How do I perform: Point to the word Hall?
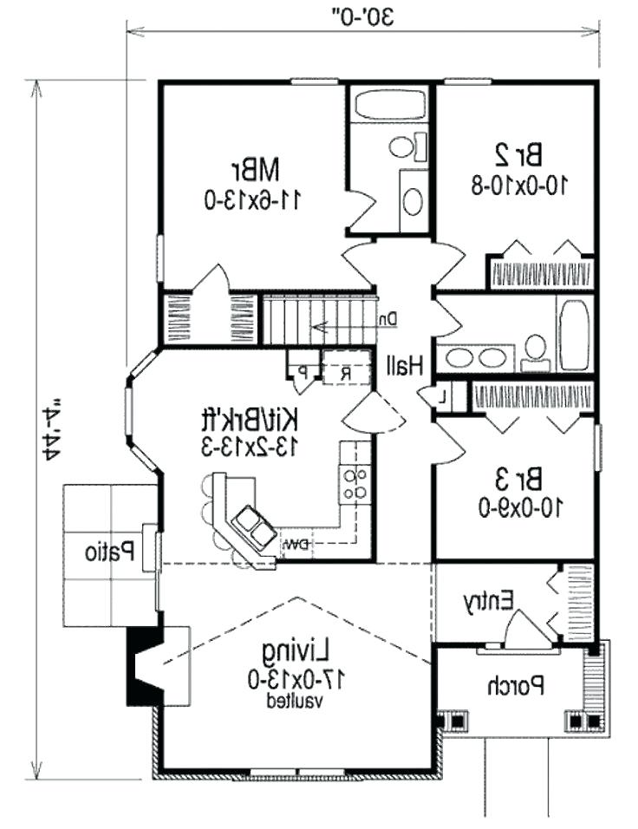pos(405,367)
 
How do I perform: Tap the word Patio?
pos(108,550)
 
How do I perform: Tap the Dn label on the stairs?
pos(387,319)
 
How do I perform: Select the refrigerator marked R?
pos(344,375)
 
